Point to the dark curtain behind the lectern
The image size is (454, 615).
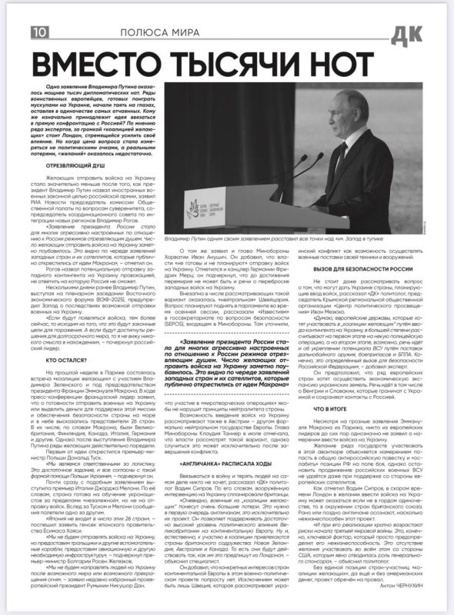click(x=231, y=138)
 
